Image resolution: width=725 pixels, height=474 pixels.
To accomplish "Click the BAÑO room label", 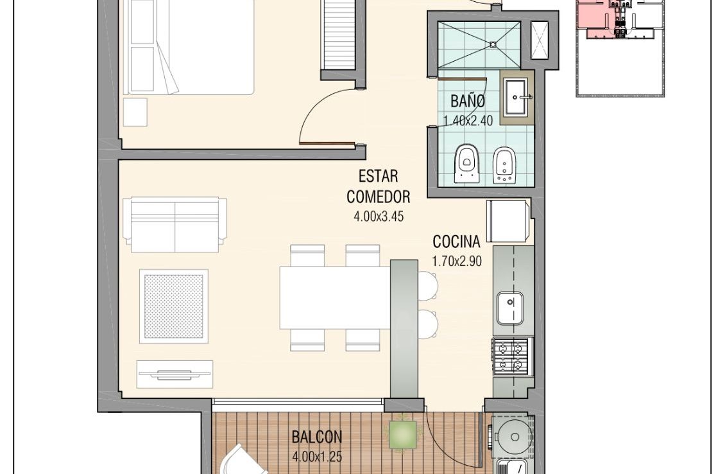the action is tap(468, 100).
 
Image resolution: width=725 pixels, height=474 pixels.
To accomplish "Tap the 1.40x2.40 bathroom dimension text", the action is tap(468, 120).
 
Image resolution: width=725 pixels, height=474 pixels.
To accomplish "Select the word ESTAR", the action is tap(379, 177).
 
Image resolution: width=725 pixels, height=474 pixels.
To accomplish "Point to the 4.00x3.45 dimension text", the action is tap(379, 216).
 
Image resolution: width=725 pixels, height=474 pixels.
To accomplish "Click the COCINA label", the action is tap(456, 241).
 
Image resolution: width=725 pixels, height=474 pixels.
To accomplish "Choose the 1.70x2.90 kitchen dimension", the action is tap(456, 261).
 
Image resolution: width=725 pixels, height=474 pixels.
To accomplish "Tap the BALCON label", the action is tap(317, 437).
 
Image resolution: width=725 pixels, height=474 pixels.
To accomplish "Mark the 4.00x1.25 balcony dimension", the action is tap(317, 457).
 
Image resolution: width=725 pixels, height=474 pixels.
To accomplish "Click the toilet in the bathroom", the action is tap(466, 164).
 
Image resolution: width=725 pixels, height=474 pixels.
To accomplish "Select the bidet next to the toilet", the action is tap(504, 165).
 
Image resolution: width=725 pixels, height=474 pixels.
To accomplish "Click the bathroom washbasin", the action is tap(515, 97).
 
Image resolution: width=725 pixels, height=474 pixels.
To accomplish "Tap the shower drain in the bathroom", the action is tap(493, 44).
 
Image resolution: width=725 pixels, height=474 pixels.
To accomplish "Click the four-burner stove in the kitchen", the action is tap(511, 356).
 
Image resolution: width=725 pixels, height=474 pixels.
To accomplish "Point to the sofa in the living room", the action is tap(175, 225).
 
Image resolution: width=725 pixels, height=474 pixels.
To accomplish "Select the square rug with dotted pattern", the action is tap(174, 306).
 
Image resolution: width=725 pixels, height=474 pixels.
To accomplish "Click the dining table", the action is tap(335, 298).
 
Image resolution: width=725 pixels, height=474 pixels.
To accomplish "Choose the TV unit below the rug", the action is tap(175, 374).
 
